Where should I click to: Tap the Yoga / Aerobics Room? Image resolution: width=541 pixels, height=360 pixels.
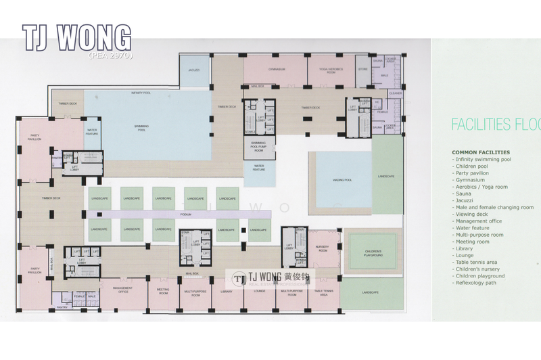pos(327,70)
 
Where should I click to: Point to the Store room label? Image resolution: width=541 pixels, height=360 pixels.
pos(362,69)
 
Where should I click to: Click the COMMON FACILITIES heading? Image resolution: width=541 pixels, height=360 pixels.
pos(482,152)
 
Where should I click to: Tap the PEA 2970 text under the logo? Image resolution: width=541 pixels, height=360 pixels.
pos(110,53)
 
